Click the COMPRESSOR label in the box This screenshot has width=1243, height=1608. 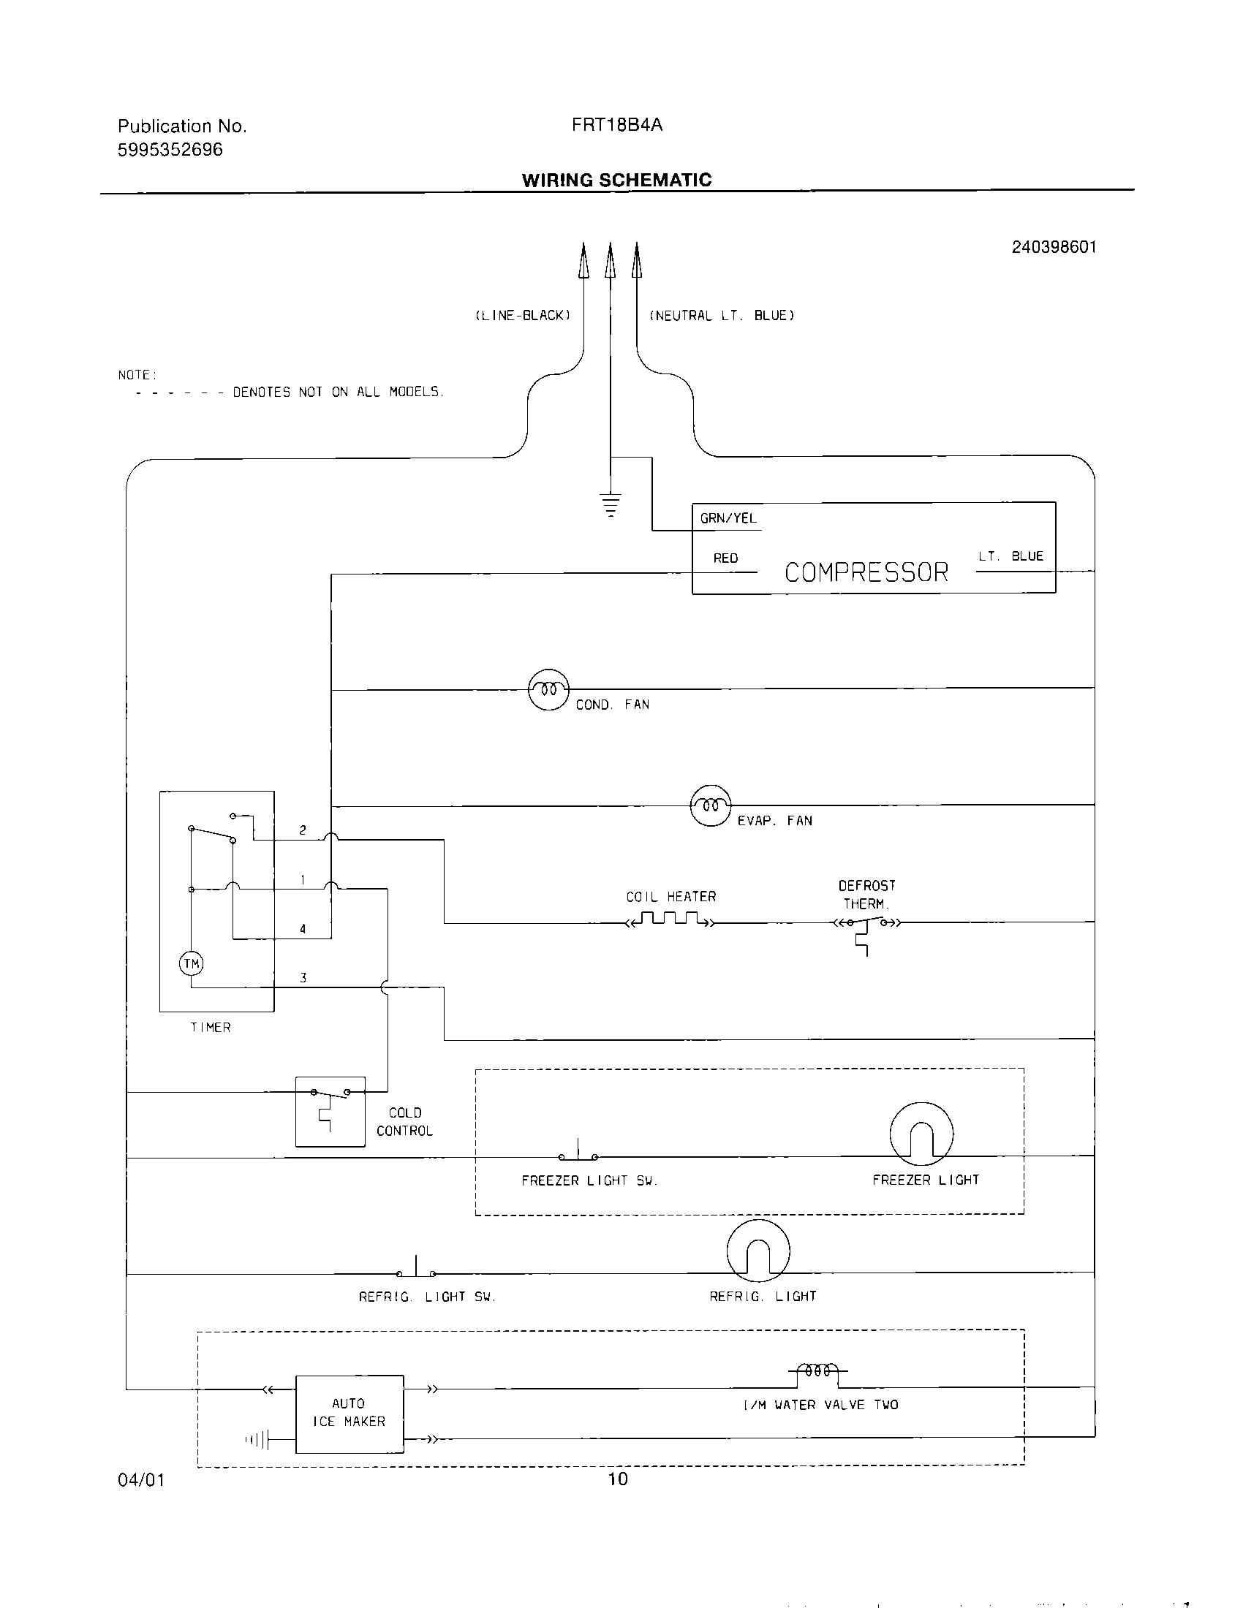(x=866, y=572)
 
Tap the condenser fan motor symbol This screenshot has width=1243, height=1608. (x=548, y=690)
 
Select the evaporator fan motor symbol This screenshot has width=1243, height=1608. (x=711, y=805)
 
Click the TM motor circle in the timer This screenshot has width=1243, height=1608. (x=192, y=963)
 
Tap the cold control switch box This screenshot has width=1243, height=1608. (x=330, y=1111)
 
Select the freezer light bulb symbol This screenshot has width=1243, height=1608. (x=921, y=1134)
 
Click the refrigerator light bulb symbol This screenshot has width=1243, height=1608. (x=757, y=1251)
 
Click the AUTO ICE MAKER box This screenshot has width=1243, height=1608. (x=349, y=1414)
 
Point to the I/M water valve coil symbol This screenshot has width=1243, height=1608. (x=818, y=1371)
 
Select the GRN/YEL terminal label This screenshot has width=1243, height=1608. (x=728, y=518)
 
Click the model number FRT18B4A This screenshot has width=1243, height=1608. (x=616, y=125)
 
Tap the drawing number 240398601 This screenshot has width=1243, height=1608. (x=1053, y=247)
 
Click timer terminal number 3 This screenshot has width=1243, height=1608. (x=303, y=978)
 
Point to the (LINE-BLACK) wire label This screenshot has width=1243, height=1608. (x=522, y=316)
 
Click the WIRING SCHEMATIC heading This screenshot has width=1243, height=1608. (x=616, y=181)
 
